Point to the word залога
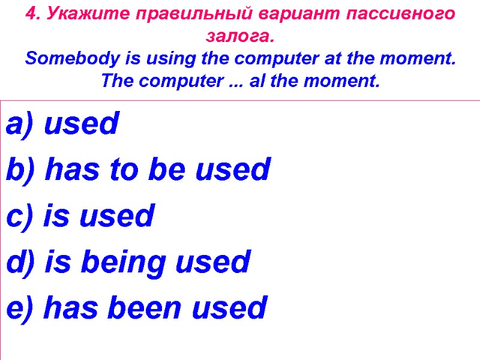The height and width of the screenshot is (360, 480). click(x=239, y=37)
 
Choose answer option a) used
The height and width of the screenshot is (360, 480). click(x=63, y=125)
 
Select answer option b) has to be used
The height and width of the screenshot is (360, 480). click(x=138, y=170)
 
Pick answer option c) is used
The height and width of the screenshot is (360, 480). click(x=80, y=216)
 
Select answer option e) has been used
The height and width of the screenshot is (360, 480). click(x=136, y=308)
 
